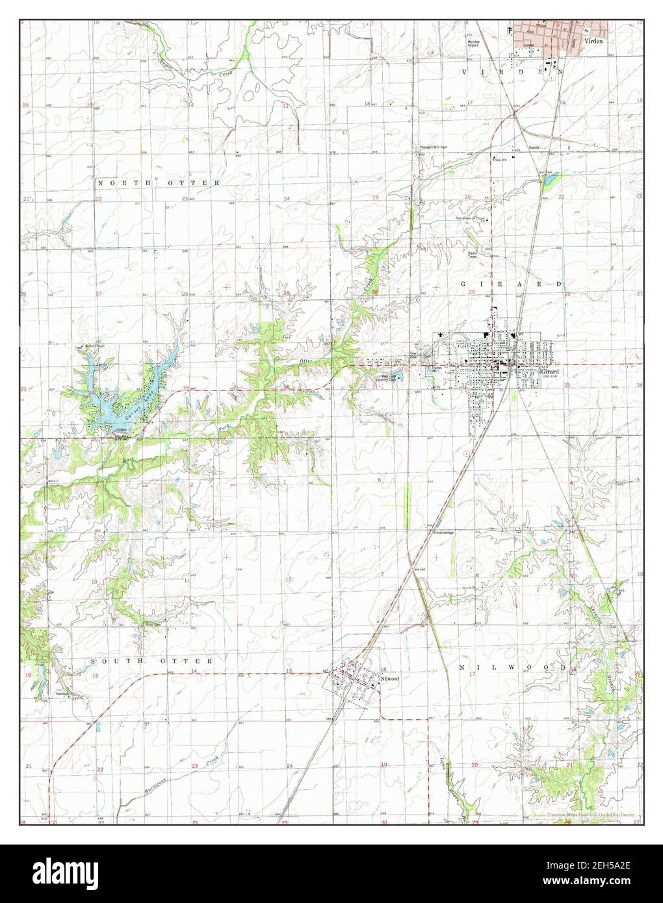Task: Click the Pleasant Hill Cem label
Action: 433,147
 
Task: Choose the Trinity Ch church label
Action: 499,160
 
